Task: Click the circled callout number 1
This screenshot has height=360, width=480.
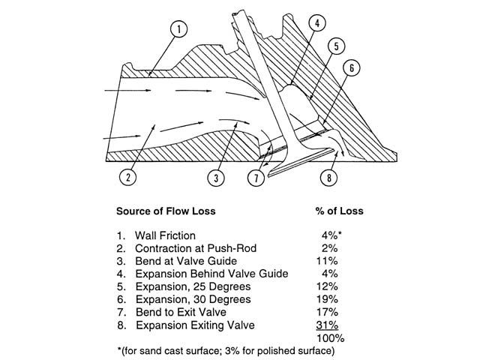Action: click(180, 31)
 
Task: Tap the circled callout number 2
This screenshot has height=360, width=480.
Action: click(129, 178)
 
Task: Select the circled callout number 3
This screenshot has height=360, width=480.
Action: click(216, 178)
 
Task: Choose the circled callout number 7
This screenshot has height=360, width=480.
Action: click(256, 178)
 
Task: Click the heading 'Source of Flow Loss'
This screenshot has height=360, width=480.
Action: click(166, 211)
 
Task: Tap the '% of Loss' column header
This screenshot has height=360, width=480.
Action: click(336, 211)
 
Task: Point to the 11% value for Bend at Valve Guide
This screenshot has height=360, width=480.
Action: click(330, 261)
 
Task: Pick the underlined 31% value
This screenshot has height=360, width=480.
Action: click(330, 325)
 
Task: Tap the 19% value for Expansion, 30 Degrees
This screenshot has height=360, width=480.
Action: click(330, 299)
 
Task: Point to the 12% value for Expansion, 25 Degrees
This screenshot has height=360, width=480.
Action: click(330, 286)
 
